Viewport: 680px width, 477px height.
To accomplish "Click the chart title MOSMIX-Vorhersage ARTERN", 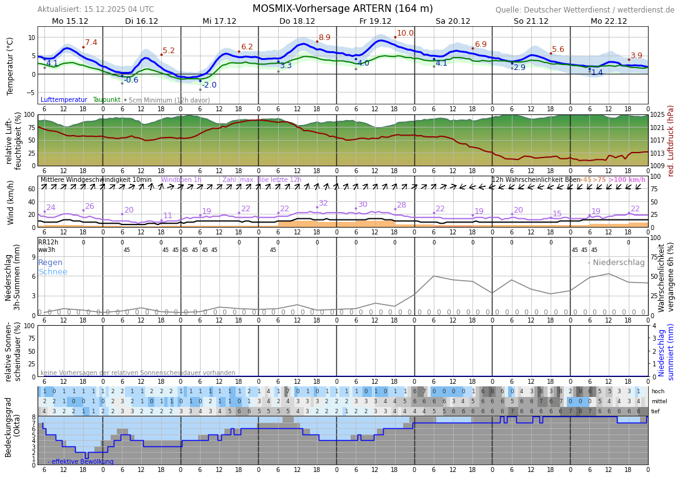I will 342,9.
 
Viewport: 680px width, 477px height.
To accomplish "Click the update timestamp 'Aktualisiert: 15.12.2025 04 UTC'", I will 96,9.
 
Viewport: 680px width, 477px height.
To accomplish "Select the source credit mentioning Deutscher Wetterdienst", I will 585,10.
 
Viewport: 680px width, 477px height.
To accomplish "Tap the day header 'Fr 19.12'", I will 375,21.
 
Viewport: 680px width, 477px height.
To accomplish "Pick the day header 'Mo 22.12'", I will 608,21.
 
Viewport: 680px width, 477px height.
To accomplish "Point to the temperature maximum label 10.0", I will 405,33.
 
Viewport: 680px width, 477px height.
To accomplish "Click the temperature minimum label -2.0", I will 209,85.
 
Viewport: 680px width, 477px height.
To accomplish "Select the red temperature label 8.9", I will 324,38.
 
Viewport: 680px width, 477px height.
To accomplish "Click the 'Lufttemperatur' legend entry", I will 64,100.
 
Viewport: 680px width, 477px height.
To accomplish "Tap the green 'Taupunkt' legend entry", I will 106,100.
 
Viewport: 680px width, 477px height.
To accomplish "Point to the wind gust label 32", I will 323,203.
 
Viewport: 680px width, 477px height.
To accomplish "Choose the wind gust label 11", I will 167,216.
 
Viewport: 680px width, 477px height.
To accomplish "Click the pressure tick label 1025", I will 657,115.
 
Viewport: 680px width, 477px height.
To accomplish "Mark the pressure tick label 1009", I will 657,166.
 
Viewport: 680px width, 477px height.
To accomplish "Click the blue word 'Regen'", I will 50,263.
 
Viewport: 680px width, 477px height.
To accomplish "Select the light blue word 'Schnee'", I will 52,272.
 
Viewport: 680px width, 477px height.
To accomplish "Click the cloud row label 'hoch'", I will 658,391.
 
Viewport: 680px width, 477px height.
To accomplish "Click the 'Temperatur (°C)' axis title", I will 10,66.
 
